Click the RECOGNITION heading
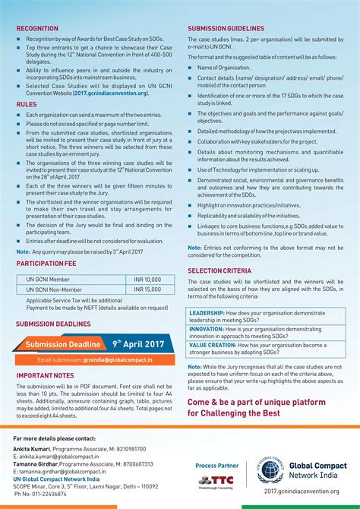[37, 29]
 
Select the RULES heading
[27, 104]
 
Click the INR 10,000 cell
[147, 280]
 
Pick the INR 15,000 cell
[147, 289]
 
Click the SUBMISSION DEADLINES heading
[54, 323]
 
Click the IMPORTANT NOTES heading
[45, 375]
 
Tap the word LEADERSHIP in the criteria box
[207, 313]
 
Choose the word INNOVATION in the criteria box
[206, 329]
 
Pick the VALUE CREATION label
[212, 344]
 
